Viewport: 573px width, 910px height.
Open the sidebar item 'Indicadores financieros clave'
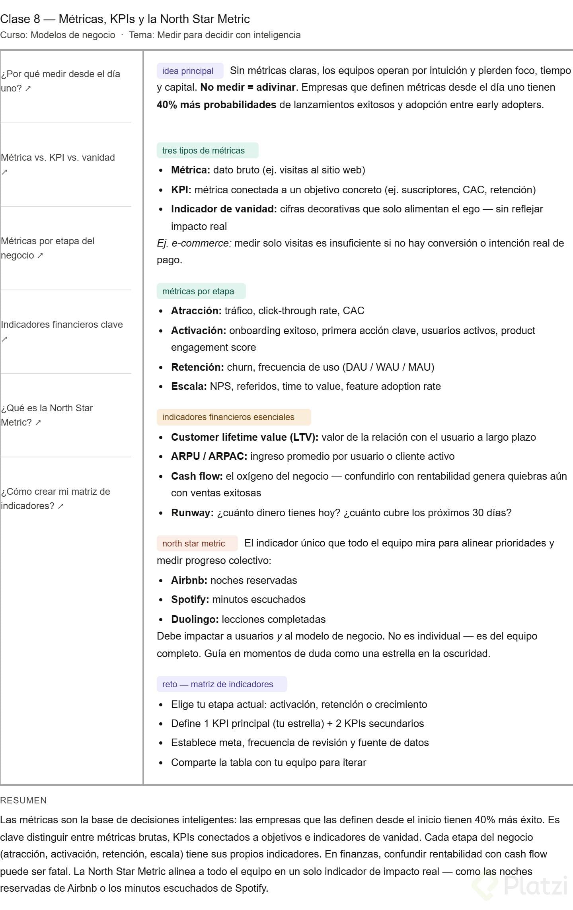pos(62,325)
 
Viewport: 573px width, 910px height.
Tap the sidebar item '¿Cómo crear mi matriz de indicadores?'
pos(55,499)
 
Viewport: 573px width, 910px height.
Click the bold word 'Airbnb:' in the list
pos(189,580)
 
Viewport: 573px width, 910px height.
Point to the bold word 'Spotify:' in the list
pos(190,599)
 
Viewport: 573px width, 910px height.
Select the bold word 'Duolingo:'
pos(195,619)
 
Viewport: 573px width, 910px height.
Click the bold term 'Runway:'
pos(192,513)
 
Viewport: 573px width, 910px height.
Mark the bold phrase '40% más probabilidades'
pos(216,105)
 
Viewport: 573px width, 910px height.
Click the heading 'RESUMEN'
pos(23,800)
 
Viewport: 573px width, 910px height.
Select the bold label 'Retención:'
pos(197,367)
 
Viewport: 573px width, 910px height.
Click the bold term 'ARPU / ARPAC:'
pos(209,456)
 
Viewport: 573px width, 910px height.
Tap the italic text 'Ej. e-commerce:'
pos(194,243)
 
